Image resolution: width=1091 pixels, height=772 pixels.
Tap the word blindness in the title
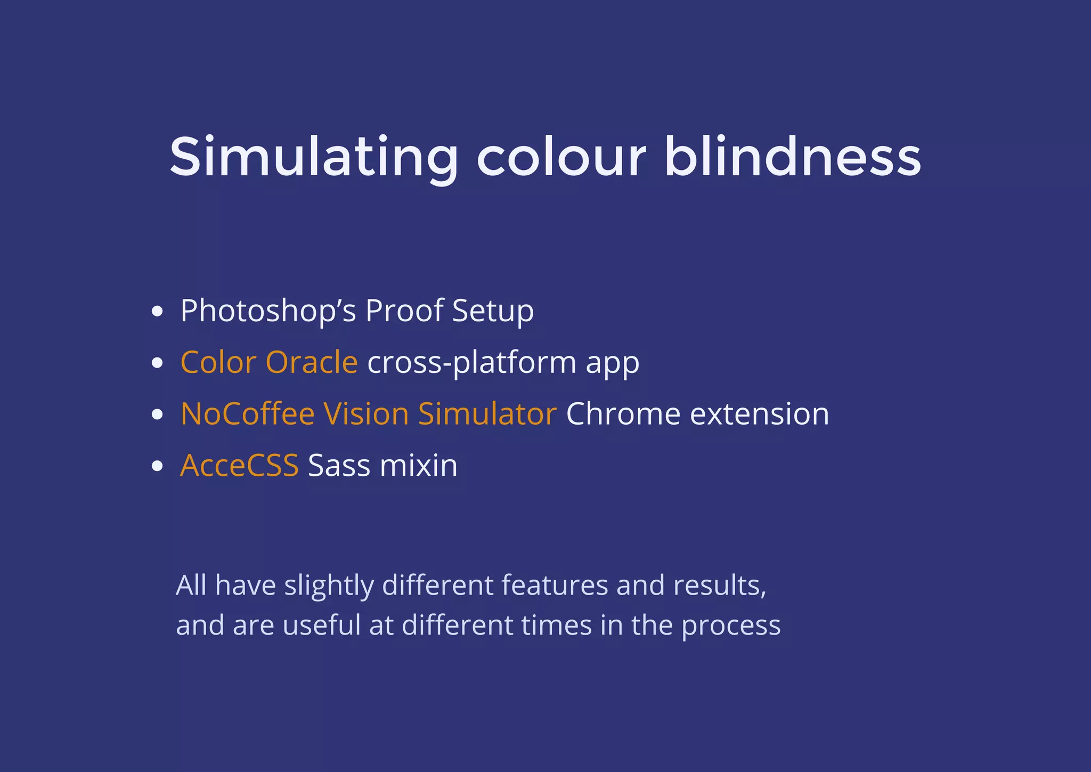792,157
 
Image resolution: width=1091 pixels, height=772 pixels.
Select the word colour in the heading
561,158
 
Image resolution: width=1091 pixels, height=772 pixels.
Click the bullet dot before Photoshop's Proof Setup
157,311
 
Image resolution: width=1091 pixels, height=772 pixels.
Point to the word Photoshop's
268,311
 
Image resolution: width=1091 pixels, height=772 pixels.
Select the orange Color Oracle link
269,363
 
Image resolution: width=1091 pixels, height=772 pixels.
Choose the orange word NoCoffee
248,414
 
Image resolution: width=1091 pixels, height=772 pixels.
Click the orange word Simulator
487,414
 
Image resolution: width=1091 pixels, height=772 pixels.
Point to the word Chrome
623,414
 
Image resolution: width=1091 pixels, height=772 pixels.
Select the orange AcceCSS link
239,466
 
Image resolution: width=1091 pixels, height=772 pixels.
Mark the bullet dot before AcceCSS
157,466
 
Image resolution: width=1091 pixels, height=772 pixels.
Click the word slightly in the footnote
329,586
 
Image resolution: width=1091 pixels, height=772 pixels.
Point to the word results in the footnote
719,586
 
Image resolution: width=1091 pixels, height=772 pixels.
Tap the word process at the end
731,627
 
